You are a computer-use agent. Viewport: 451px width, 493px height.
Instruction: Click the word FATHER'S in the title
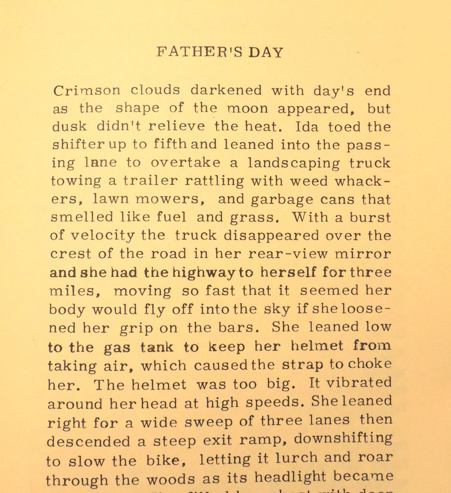200,52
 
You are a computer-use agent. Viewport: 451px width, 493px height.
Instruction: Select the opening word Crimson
87,91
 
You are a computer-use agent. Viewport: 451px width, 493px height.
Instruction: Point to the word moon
248,109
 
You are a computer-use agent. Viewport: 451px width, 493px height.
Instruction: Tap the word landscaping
294,163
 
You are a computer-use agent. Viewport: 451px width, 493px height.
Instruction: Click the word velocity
102,236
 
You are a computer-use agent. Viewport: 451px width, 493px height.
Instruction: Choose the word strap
302,365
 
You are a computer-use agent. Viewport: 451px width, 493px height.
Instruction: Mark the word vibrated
359,383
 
